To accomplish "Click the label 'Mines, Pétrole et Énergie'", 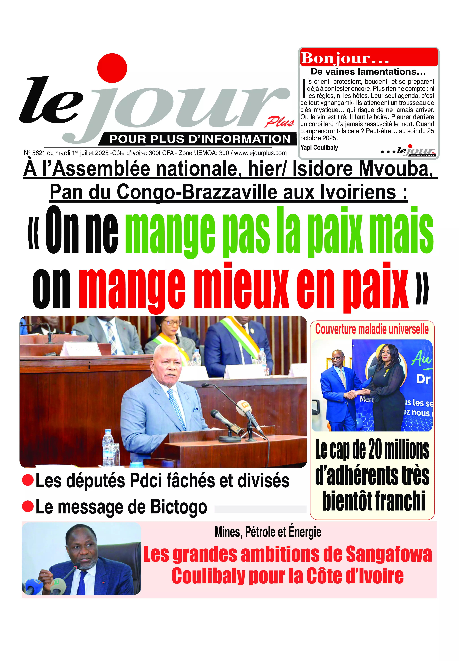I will point(268,532).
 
